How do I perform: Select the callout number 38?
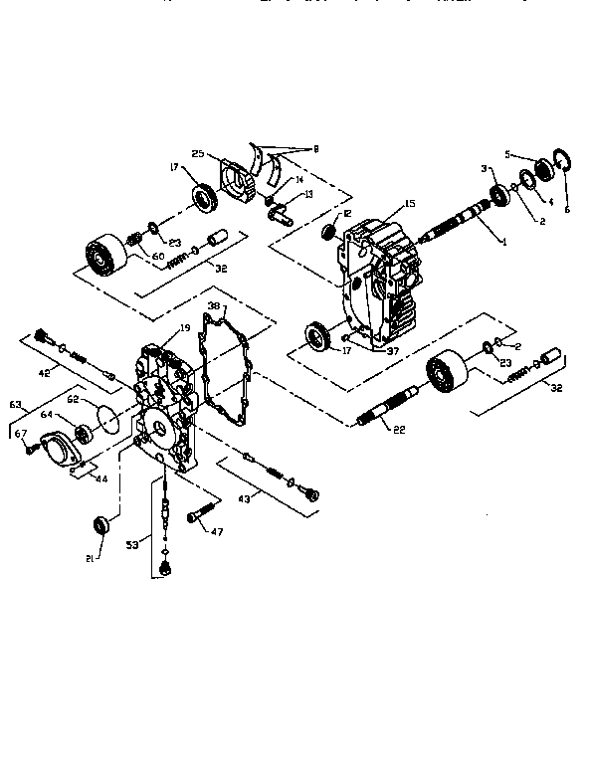coord(214,306)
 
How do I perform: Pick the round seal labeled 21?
coord(100,524)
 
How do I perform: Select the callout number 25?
coord(199,154)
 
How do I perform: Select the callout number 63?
coord(16,405)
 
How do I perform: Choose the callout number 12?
coord(346,214)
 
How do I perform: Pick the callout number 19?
coord(184,328)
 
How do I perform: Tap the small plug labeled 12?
coord(328,233)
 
